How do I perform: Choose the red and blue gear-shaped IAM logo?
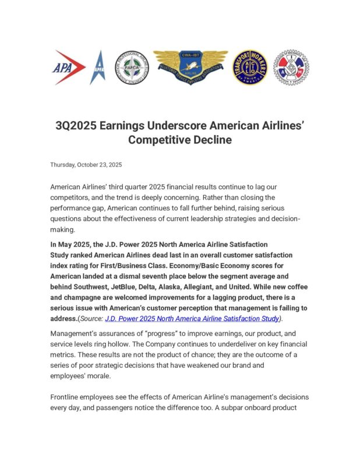click(291, 68)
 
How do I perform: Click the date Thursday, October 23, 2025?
click(86, 165)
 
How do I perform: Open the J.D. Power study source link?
click(192, 319)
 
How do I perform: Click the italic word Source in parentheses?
click(90, 319)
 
